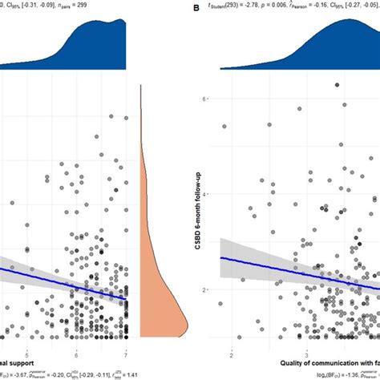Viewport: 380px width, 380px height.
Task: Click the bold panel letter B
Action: (196, 9)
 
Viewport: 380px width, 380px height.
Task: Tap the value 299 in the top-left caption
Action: (123, 6)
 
